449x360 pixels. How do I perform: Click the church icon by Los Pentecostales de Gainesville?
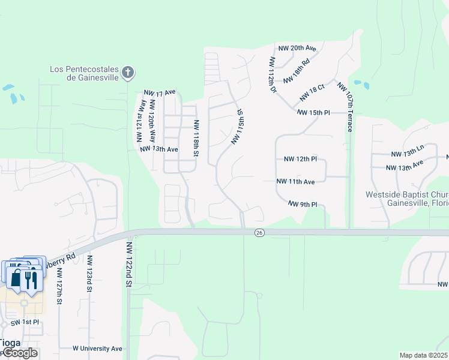(127, 73)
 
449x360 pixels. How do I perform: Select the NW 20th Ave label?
(297, 48)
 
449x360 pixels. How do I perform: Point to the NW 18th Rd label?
(297, 70)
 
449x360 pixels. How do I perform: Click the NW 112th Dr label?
(272, 75)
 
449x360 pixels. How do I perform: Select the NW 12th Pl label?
(300, 159)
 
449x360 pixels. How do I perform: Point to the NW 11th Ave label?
(296, 181)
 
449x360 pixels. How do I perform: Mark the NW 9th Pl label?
(302, 204)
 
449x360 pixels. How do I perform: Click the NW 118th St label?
(195, 138)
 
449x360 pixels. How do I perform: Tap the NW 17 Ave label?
(159, 92)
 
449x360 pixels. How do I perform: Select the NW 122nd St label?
(128, 265)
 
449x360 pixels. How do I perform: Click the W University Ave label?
(97, 348)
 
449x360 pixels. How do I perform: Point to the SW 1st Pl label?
(25, 323)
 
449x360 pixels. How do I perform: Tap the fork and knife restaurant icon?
(31, 278)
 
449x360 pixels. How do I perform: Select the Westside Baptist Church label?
(408, 199)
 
